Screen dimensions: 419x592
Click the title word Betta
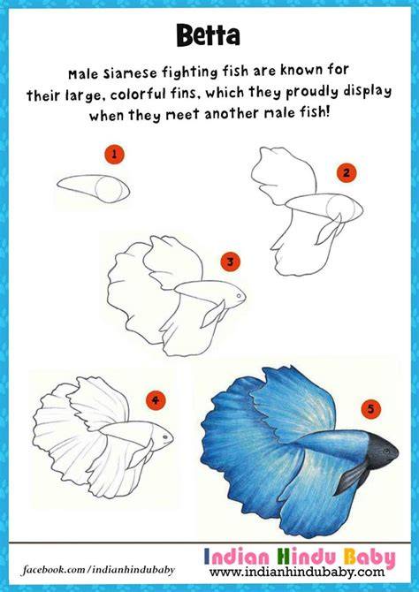pyautogui.click(x=208, y=36)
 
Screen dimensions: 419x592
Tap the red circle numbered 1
pyautogui.click(x=114, y=155)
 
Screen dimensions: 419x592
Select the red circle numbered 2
pyautogui.click(x=347, y=173)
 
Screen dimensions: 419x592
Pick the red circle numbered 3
pyautogui.click(x=231, y=262)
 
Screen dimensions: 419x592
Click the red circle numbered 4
pyautogui.click(x=156, y=400)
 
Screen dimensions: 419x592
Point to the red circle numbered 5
pyautogui.click(x=371, y=409)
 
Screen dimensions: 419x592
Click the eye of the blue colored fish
pyautogui.click(x=385, y=451)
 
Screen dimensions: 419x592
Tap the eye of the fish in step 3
pyautogui.click(x=239, y=296)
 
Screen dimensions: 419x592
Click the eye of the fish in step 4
pyautogui.click(x=165, y=436)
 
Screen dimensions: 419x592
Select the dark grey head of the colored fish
pyautogui.click(x=381, y=451)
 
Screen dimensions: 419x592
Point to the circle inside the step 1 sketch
pyautogui.click(x=110, y=189)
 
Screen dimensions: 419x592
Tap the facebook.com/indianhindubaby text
pyautogui.click(x=99, y=569)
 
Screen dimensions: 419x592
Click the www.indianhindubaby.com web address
pyautogui.click(x=297, y=572)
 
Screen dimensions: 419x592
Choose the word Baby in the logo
pyautogui.click(x=369, y=558)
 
